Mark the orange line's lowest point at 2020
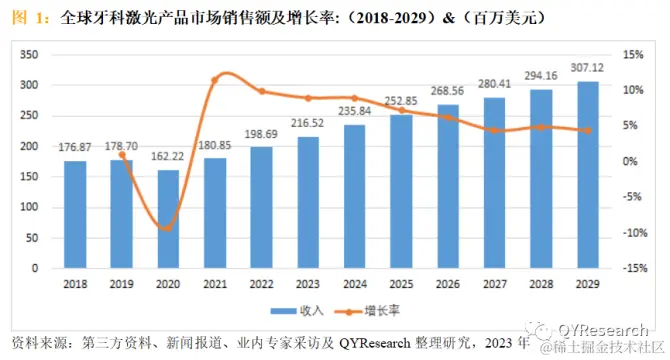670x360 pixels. point(167,229)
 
